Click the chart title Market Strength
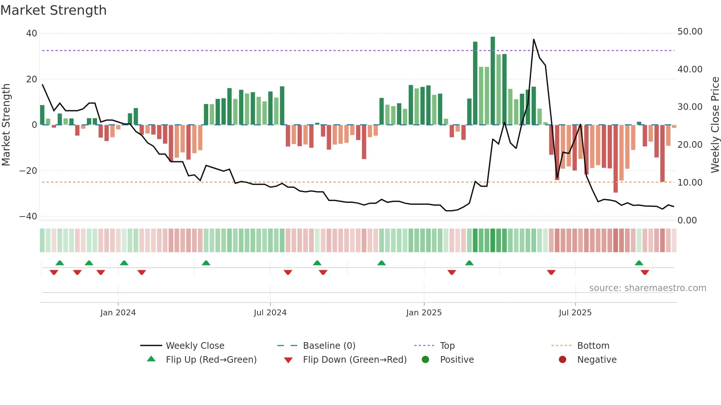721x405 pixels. [x=53, y=10]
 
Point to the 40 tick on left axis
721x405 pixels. [x=32, y=33]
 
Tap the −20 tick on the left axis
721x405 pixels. [x=28, y=171]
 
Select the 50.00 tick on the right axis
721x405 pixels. [x=690, y=32]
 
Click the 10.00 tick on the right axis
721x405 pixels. [x=690, y=183]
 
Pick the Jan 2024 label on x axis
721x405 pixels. [x=118, y=313]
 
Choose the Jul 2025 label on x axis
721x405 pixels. [x=575, y=313]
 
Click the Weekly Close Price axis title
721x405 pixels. [x=715, y=125]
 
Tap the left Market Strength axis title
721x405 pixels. [x=6, y=125]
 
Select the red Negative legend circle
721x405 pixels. [x=562, y=360]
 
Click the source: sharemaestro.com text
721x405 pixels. [x=647, y=288]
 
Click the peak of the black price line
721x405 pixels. [x=533, y=39]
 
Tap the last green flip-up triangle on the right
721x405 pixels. [x=639, y=263]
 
